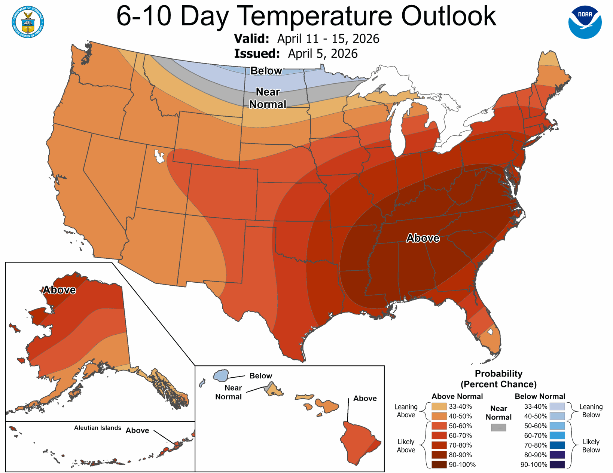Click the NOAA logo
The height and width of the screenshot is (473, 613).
[x=585, y=22]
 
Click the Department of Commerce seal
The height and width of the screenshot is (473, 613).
[x=28, y=22]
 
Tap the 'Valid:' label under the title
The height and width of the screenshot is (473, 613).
[x=251, y=39]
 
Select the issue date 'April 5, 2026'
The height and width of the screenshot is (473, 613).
[x=323, y=54]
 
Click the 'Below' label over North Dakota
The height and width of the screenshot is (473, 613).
[x=266, y=71]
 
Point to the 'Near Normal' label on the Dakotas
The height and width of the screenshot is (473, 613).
[x=268, y=98]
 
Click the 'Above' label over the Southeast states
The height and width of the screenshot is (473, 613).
[x=423, y=238]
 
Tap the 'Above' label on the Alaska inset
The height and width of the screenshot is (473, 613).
[x=59, y=290]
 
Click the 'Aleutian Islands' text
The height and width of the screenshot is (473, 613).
[x=98, y=428]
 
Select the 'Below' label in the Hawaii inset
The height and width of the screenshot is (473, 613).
[x=260, y=376]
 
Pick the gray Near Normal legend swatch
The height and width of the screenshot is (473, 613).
[x=498, y=427]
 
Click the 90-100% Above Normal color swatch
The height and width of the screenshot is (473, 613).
[x=439, y=465]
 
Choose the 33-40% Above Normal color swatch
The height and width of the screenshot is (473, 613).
[x=439, y=406]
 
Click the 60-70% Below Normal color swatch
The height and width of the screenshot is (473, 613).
[x=557, y=436]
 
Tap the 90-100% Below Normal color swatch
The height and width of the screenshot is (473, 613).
[x=557, y=465]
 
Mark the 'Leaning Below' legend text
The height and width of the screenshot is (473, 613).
[x=591, y=411]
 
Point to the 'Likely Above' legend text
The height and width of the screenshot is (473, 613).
[x=406, y=446]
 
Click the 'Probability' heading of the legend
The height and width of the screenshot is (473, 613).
[x=498, y=374]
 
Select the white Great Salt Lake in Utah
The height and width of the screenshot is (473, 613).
[x=160, y=156]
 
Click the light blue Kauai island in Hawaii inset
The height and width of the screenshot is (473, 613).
[x=221, y=375]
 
